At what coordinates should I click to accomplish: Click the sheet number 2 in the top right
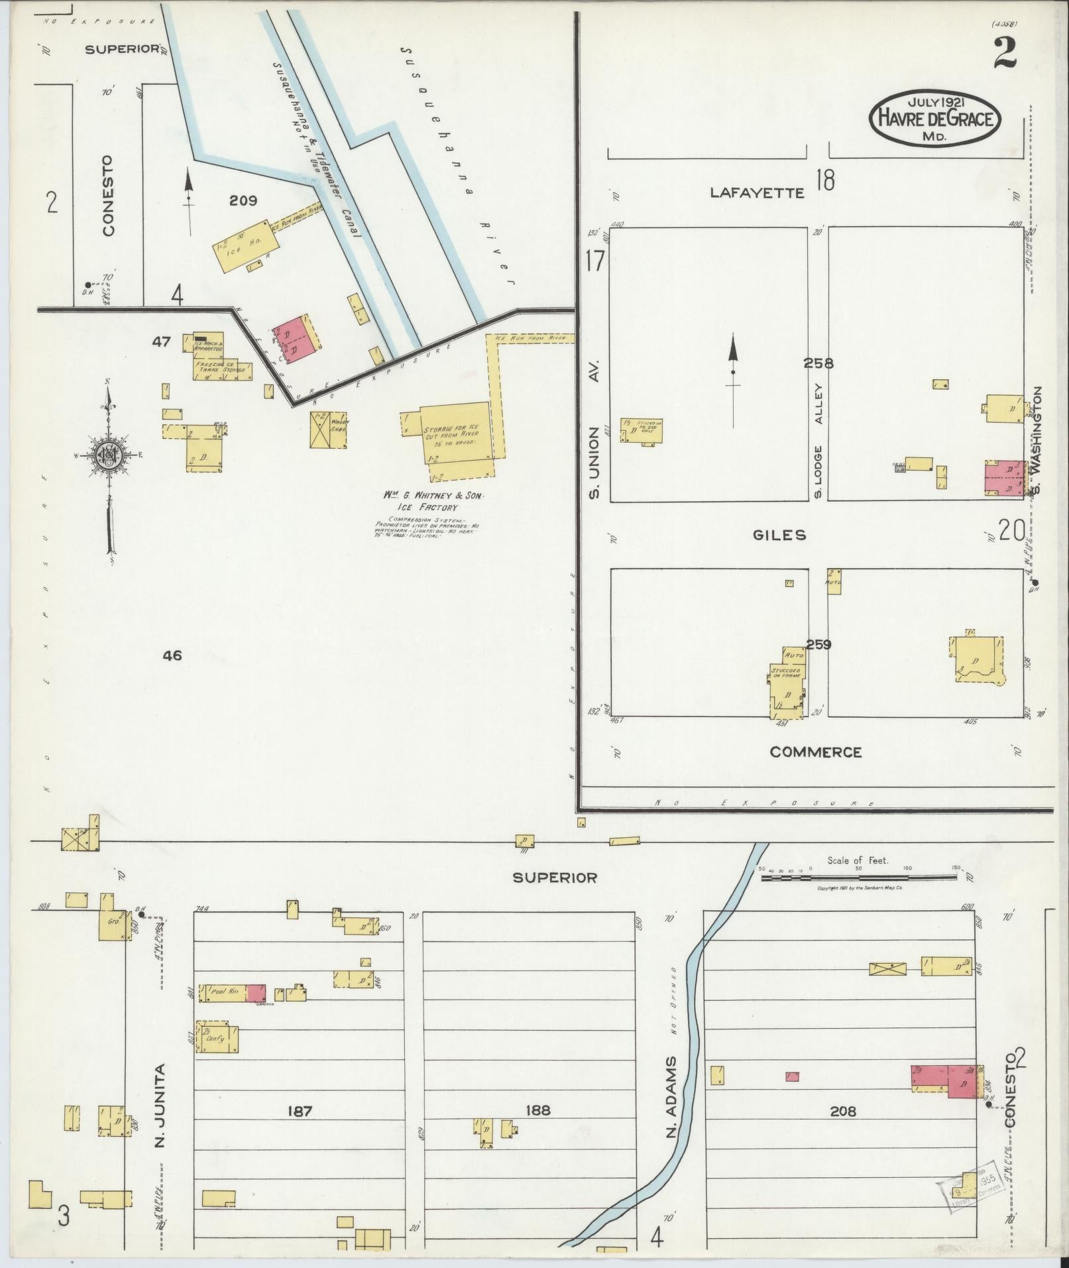(1004, 54)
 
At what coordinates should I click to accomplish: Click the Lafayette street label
(757, 193)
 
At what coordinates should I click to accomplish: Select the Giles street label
(779, 535)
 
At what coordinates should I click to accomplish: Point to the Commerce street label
(815, 752)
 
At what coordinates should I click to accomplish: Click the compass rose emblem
(106, 455)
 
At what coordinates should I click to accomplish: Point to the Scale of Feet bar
(859, 877)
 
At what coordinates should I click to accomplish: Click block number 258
(818, 363)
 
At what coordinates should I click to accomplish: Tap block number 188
(537, 1110)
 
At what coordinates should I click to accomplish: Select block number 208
(842, 1112)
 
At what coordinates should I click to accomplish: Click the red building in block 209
(294, 337)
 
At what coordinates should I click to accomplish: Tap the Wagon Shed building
(328, 430)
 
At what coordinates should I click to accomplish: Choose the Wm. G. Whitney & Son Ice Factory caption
(433, 501)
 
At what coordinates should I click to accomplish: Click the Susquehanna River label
(457, 166)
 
